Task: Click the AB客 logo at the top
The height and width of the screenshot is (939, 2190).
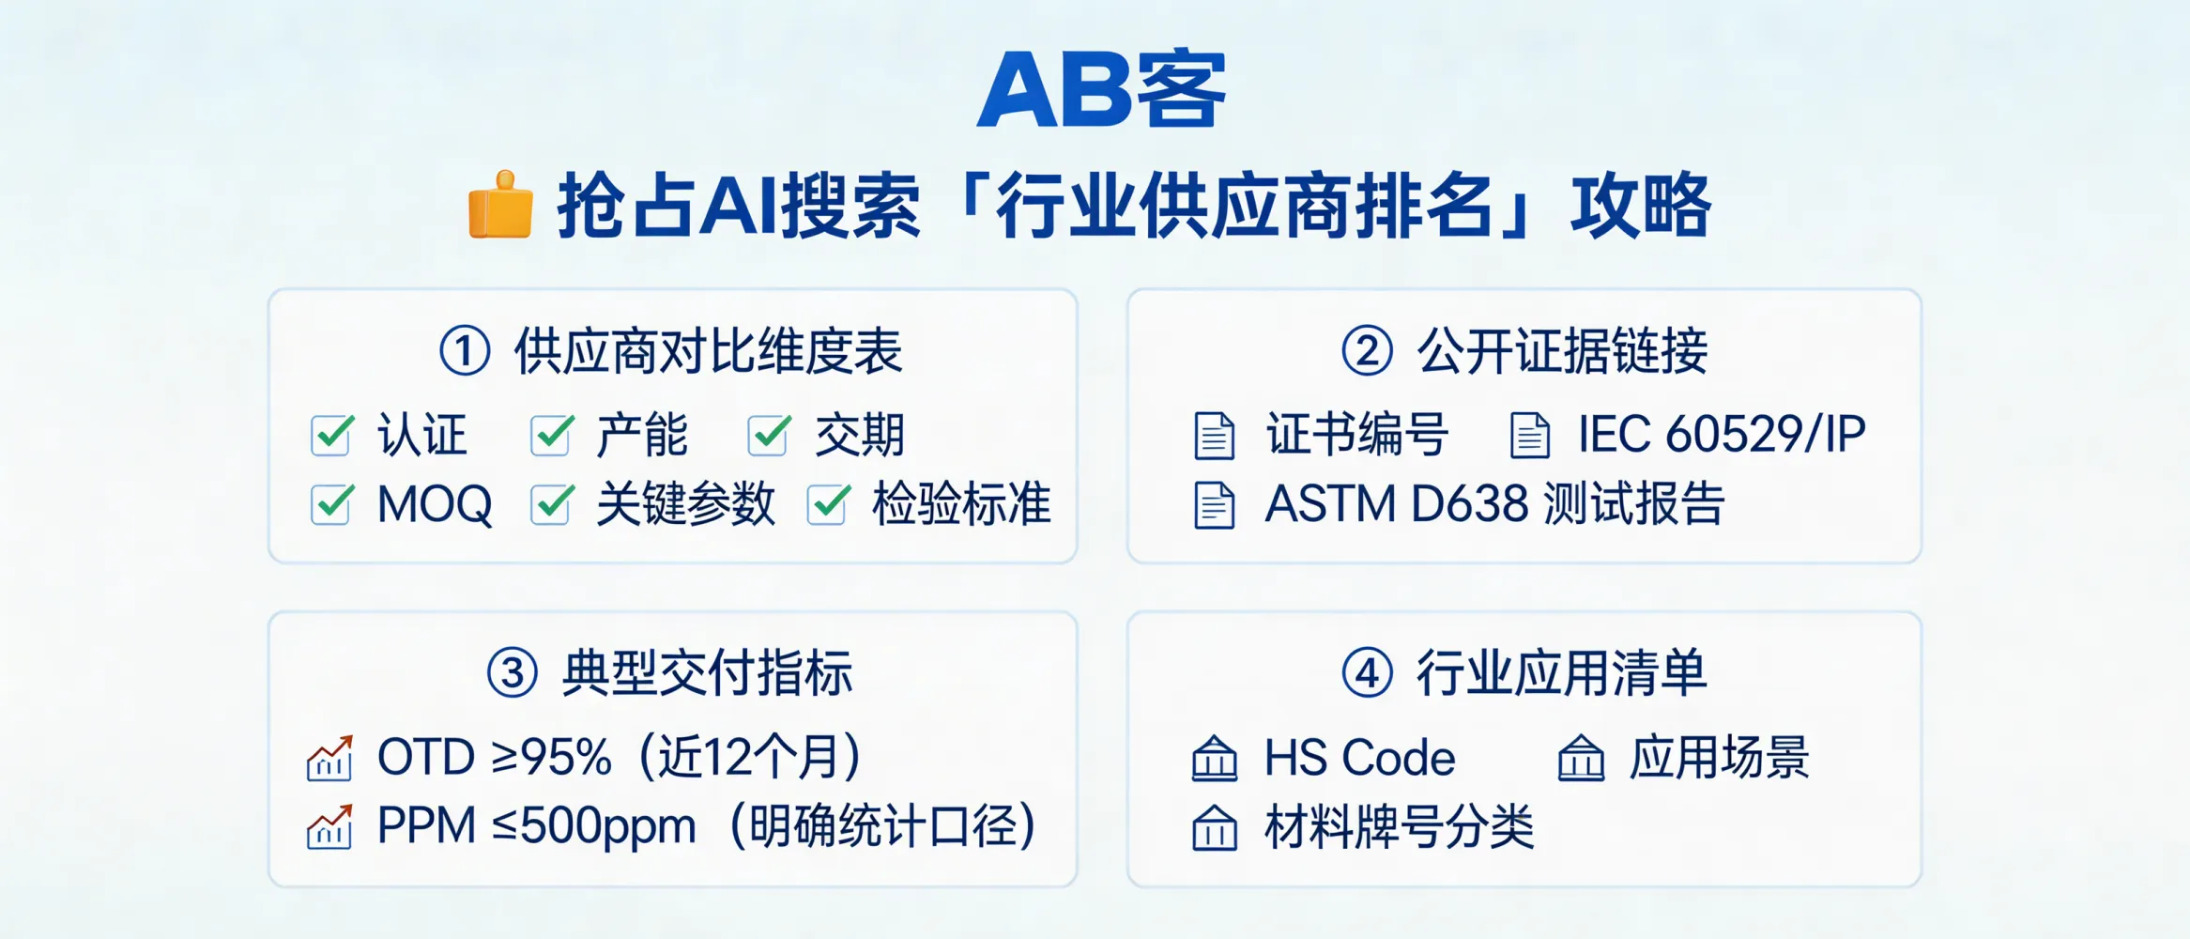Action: pos(1101,88)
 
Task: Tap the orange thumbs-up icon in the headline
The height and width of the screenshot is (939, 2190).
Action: pos(500,205)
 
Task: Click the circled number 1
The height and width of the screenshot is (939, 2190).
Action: pos(465,351)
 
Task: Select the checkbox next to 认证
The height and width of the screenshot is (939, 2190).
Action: pos(331,435)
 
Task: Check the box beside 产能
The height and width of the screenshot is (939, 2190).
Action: pos(551,435)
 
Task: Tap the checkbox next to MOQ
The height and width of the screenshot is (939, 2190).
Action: pos(331,504)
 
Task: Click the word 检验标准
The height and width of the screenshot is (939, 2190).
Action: pos(961,504)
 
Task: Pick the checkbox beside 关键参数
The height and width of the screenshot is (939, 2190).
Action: pos(551,504)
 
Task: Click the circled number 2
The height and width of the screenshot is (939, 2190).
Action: pos(1367,351)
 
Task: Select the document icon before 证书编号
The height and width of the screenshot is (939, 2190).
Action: pos(1214,436)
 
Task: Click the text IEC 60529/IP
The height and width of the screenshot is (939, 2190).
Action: pos(1722,435)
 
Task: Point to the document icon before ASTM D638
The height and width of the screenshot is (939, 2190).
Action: pos(1214,505)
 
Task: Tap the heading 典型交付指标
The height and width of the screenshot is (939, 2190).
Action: pos(707,673)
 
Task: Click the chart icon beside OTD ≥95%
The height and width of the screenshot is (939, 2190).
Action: pos(329,758)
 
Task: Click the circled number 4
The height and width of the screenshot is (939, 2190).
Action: pos(1367,673)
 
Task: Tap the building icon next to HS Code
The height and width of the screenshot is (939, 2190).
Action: pos(1214,759)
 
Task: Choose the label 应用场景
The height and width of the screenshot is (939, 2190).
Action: pos(1719,758)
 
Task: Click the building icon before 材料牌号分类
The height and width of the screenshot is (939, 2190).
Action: pos(1214,828)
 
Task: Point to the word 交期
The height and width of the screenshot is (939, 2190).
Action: pos(859,435)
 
